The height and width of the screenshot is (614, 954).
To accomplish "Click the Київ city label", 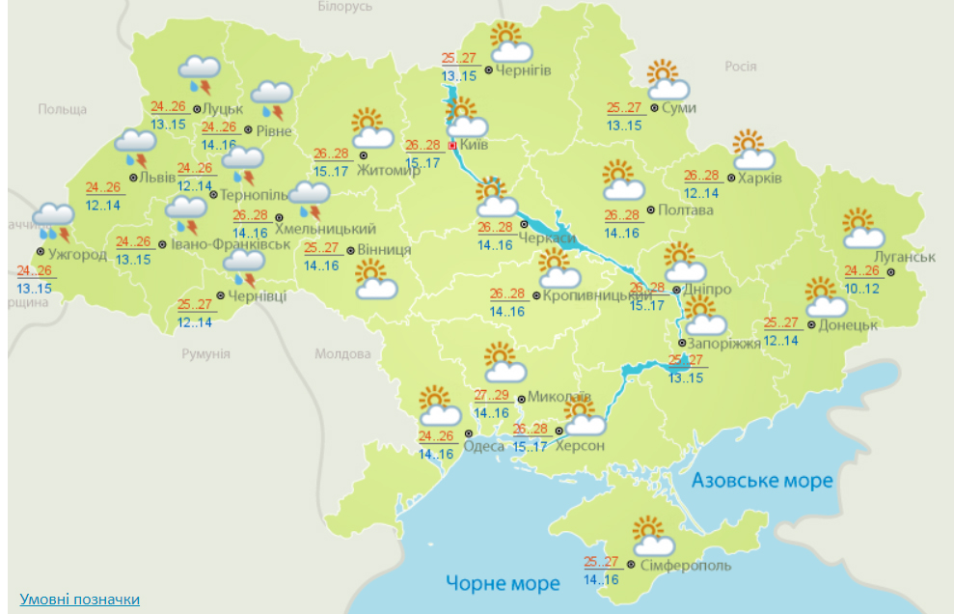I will tap(475, 145).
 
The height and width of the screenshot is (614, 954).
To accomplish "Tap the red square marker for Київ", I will tap(451, 146).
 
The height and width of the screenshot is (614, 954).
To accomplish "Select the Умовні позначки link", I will tap(79, 600).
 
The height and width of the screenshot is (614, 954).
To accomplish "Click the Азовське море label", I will tap(762, 480).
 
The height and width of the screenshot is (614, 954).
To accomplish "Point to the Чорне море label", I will tap(503, 583).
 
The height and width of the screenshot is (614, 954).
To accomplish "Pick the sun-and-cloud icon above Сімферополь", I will tap(653, 533).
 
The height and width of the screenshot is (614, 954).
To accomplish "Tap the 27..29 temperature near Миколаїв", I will tap(492, 396).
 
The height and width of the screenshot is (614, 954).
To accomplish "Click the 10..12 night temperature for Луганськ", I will tap(862, 289).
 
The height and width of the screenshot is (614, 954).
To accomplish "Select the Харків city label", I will tap(760, 179).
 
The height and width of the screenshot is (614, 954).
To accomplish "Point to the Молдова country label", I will tap(342, 353).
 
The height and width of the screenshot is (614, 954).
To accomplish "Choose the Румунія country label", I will tap(205, 353).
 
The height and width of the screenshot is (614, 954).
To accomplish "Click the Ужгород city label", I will tap(78, 254).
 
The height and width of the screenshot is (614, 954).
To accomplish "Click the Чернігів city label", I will tap(525, 70).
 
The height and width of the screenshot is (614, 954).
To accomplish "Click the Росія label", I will tap(740, 66).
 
